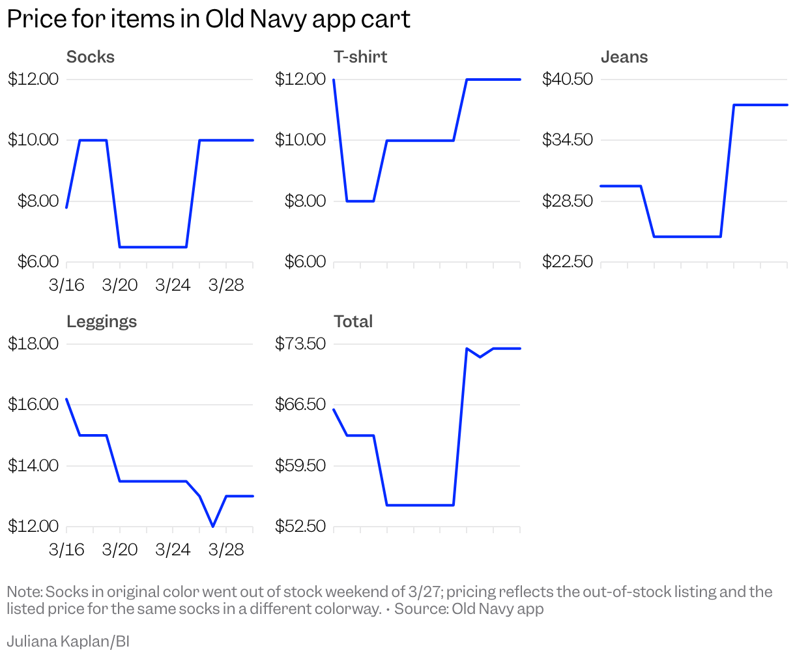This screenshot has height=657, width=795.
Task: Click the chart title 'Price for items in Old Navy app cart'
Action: (209, 20)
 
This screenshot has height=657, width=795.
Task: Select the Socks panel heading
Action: (91, 57)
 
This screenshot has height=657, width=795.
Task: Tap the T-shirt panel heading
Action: (360, 57)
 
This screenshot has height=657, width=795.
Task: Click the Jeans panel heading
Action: (624, 57)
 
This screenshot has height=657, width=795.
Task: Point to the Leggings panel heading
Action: (102, 322)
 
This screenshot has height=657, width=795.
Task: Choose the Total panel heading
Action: (353, 322)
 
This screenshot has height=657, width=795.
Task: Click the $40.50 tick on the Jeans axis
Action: (568, 80)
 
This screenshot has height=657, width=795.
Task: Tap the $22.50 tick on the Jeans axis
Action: (568, 262)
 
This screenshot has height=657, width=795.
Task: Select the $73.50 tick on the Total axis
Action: (300, 344)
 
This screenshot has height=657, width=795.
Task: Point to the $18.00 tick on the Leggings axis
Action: (33, 344)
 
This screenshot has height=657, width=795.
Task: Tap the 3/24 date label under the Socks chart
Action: (173, 285)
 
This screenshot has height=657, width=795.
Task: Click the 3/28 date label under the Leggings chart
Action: (226, 550)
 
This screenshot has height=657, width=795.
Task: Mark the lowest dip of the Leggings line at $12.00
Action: (213, 526)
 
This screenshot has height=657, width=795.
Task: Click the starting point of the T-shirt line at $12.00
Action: (334, 80)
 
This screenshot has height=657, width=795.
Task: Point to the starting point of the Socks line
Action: (66, 207)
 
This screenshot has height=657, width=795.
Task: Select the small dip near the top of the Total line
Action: (480, 357)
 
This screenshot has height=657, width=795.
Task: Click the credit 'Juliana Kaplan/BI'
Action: (68, 641)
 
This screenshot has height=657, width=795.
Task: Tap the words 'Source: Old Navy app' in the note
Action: (469, 609)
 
